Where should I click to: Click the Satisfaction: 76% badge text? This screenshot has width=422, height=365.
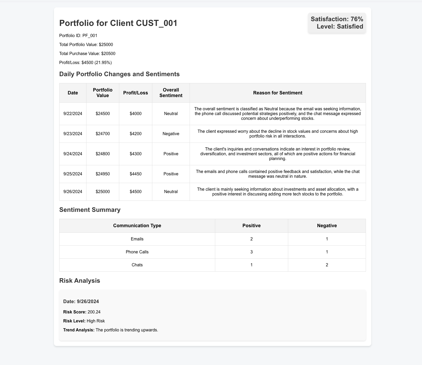(x=337, y=19)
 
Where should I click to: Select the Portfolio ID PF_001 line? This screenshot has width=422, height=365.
(x=78, y=36)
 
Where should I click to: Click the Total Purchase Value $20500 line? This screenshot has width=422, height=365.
(x=87, y=54)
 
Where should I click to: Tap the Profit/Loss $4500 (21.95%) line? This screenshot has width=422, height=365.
(x=85, y=63)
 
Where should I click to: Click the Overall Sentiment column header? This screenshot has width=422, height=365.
(x=171, y=93)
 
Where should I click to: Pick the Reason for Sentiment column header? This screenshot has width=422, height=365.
(x=278, y=93)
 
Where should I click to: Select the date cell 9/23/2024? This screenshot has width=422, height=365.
(x=73, y=134)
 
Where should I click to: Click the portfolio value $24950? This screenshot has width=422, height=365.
(x=103, y=174)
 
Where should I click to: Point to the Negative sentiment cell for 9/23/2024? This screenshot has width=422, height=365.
(x=171, y=134)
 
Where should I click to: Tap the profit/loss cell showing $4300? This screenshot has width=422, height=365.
(x=136, y=154)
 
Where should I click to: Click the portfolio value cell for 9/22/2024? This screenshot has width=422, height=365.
(x=103, y=114)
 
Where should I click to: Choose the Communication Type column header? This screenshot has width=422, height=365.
(x=137, y=226)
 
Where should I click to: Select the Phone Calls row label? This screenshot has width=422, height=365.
(x=137, y=252)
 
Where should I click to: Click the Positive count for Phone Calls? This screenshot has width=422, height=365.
(x=251, y=252)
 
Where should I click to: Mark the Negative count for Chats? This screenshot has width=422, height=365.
(x=327, y=265)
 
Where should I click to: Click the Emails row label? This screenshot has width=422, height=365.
(x=137, y=239)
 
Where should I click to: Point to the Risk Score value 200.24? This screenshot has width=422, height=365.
(x=94, y=312)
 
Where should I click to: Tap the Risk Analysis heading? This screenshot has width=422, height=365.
(x=80, y=281)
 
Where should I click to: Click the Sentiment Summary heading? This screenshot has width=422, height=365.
(x=90, y=210)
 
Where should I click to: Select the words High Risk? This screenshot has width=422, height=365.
(x=96, y=321)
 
